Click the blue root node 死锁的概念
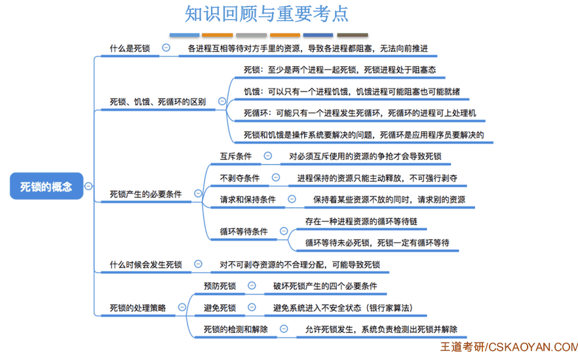pos(47,186)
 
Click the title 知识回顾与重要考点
pos(267,14)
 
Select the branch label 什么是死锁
pos(130,49)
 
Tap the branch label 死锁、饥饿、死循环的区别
pos(158,102)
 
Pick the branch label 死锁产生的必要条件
pos(145,194)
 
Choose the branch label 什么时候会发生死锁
pos(145,264)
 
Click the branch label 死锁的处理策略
pos(138,308)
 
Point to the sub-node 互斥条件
pos(236,156)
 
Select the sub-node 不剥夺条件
pos(240,178)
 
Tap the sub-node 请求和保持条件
pos(248,199)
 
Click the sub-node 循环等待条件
pos(244,231)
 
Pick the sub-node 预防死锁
pos(220,286)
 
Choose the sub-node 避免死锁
pos(220,308)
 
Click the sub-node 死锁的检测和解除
pos(236,329)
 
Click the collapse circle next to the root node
pos(88,186)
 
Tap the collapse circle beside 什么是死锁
pos(166,48)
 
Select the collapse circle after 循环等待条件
pos(284,231)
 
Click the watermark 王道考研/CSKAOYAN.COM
pos(509,347)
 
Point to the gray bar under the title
pos(252,35)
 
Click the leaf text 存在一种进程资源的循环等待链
pos(361,222)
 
